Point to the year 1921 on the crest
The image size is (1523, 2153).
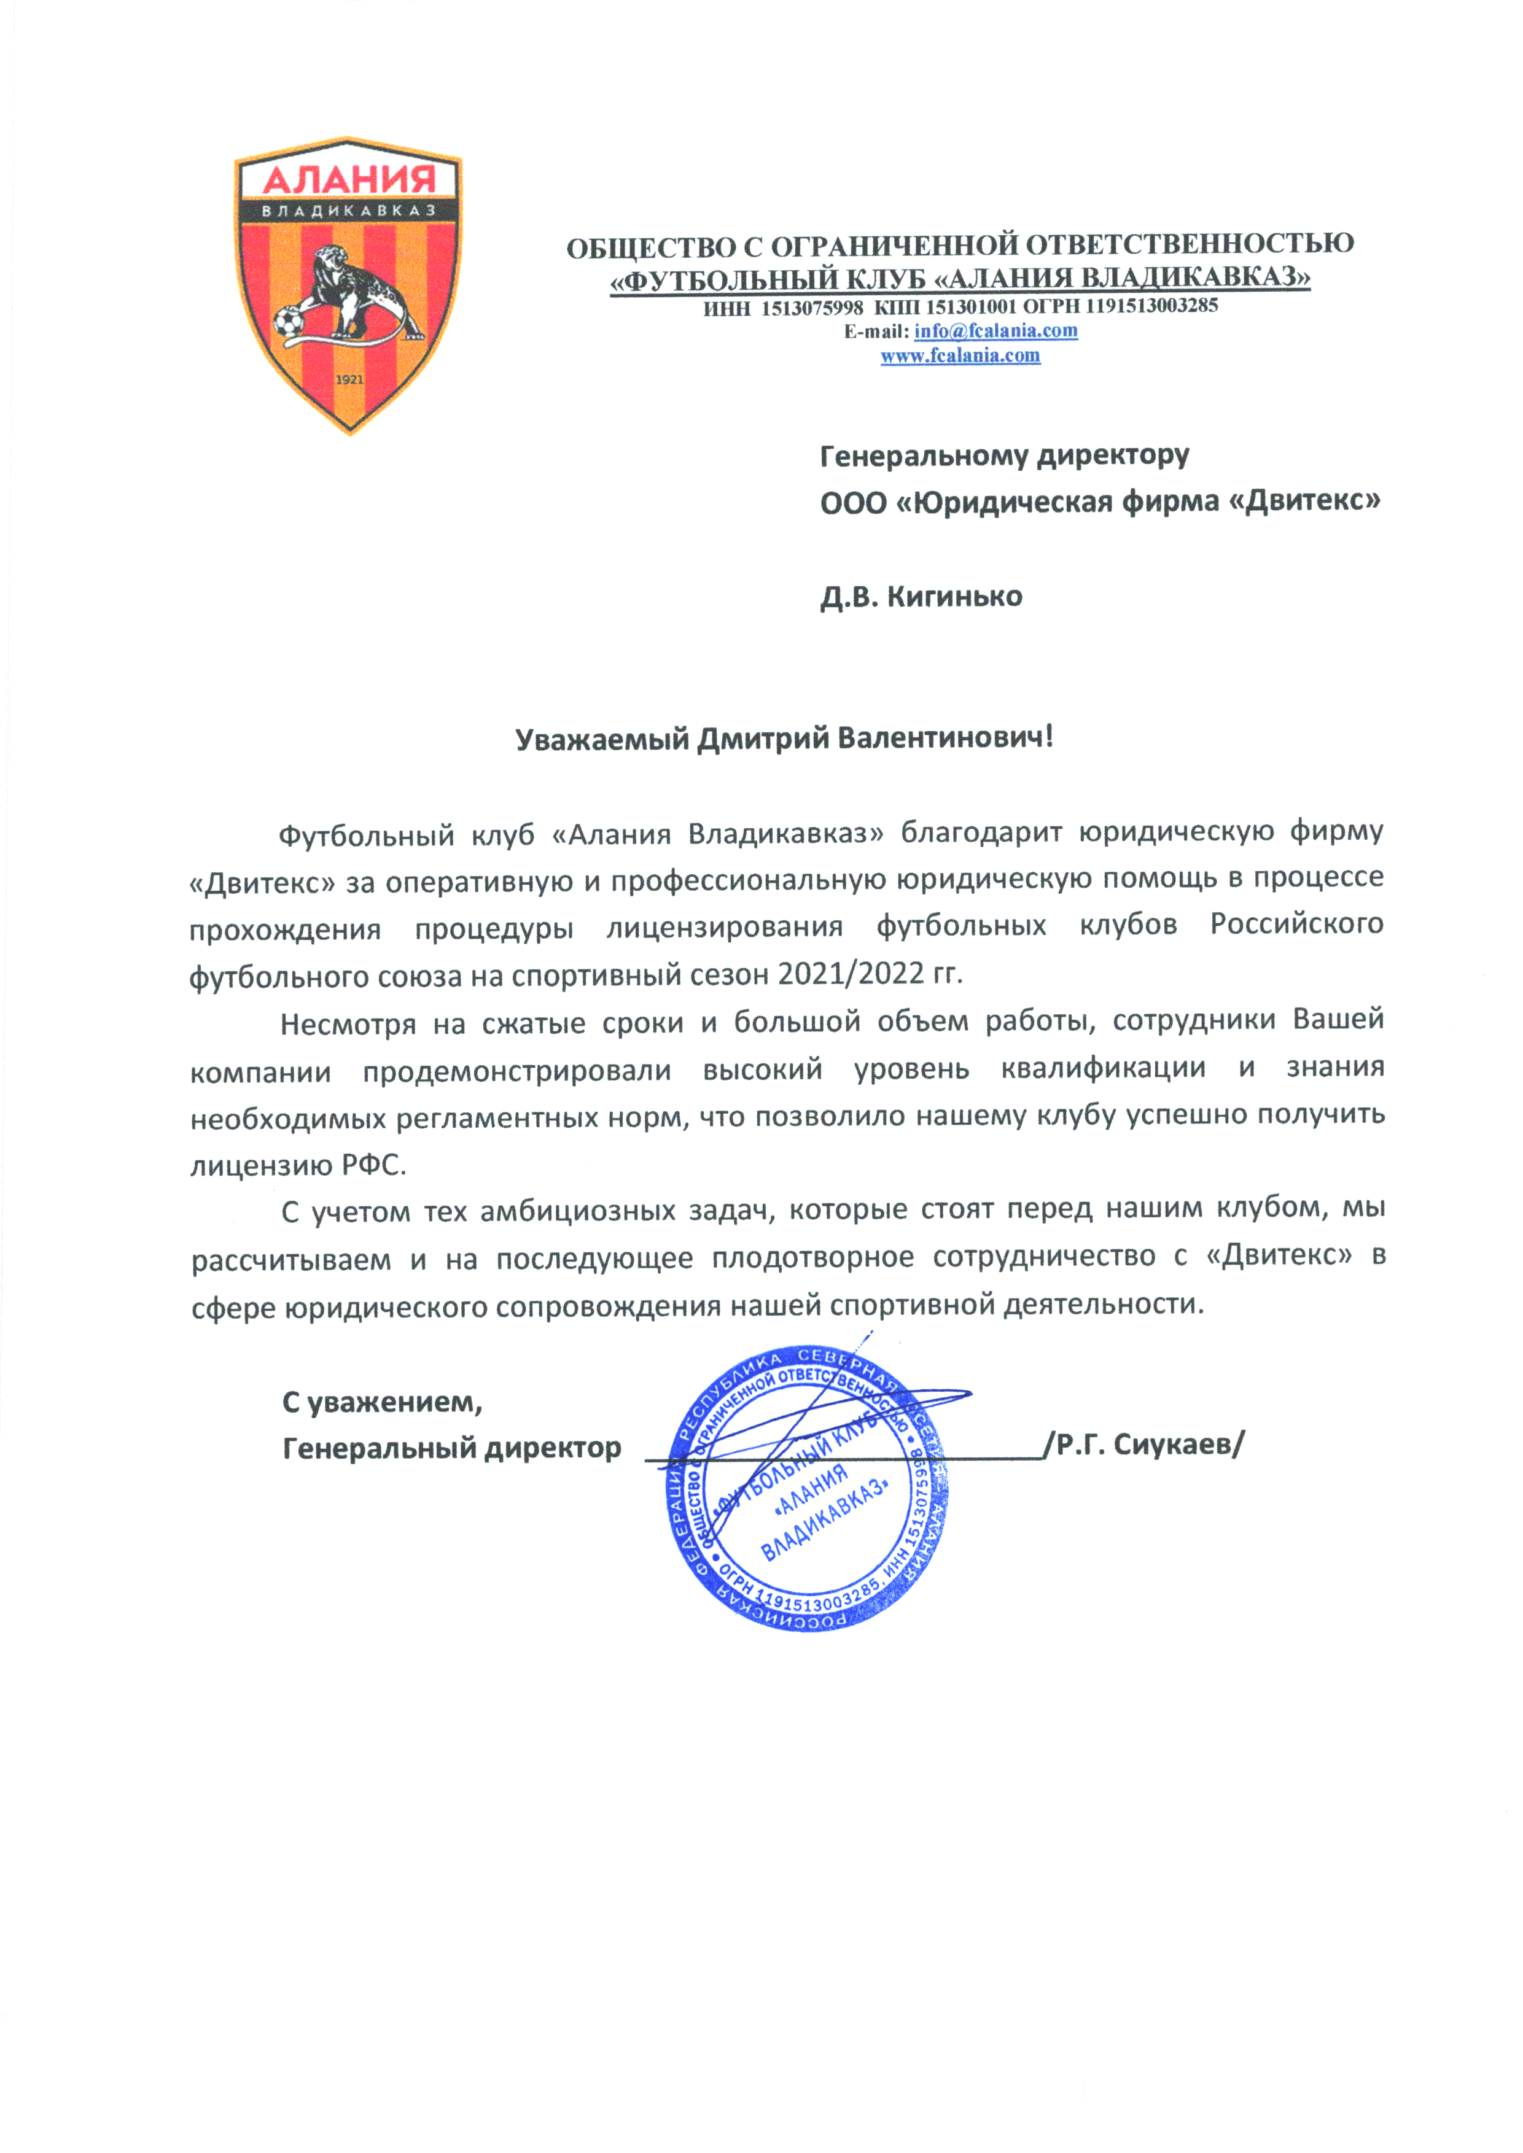click(349, 381)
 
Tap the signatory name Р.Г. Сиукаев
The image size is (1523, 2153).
click(1149, 1445)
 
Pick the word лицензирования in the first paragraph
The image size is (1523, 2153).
click(724, 926)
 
